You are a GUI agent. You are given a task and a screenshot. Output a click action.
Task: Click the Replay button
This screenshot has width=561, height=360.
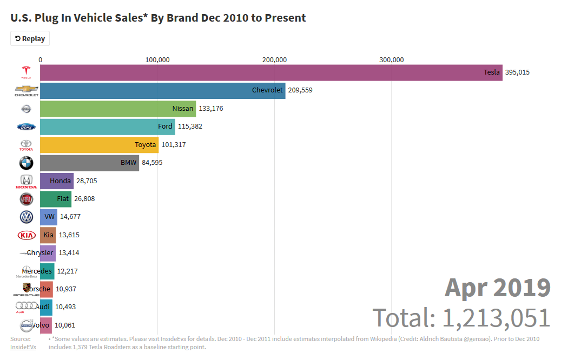tap(30, 38)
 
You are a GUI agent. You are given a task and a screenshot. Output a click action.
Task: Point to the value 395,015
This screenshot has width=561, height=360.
tap(517, 72)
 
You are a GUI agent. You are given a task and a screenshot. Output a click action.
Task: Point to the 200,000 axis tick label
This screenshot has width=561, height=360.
tap(274, 59)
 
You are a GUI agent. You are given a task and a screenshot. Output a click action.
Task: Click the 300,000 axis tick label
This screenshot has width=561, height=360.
tap(391, 59)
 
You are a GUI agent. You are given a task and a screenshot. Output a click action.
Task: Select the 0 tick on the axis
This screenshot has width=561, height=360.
tap(41, 59)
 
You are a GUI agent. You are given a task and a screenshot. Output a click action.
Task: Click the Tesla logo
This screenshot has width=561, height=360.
tap(26, 72)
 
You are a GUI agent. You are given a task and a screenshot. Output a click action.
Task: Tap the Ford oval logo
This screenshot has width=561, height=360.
tap(26, 126)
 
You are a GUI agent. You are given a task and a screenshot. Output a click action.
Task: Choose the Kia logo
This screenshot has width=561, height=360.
tap(26, 235)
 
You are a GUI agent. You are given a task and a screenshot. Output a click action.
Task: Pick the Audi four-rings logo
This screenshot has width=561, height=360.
tap(26, 306)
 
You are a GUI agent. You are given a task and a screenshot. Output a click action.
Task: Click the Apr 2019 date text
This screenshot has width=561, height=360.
tap(497, 288)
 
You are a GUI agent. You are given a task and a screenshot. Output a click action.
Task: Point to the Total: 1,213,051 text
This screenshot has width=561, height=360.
tap(461, 318)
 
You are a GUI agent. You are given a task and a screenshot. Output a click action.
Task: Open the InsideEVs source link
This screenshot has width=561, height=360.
tap(23, 346)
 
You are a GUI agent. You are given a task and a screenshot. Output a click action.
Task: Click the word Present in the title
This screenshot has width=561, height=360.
tap(286, 18)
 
